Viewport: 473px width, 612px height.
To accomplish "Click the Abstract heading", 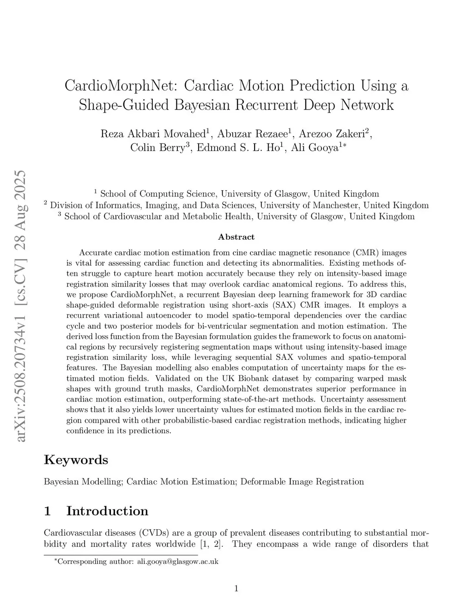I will pos(236,237).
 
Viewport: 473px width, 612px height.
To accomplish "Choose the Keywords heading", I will pos(76,460).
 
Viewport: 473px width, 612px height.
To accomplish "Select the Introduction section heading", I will pos(107,511).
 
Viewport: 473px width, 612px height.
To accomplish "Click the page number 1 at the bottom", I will pos(236,588).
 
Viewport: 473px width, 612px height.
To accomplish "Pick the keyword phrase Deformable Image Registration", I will pos(302,482).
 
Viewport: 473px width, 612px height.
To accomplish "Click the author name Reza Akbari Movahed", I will pos(153,134).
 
